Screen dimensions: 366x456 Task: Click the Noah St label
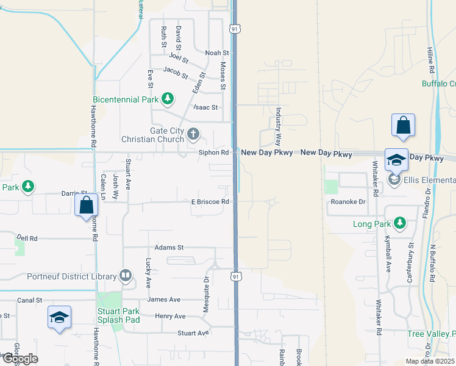click(x=216, y=53)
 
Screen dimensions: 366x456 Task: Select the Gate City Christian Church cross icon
click(x=193, y=134)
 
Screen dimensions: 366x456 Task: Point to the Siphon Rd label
click(x=213, y=152)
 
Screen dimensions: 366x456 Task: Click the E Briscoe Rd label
click(x=210, y=201)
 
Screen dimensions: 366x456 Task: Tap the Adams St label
click(x=169, y=248)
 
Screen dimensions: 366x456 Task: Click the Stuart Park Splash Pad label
click(x=119, y=315)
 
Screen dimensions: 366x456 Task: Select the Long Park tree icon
click(x=400, y=224)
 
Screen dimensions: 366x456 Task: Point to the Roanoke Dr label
click(x=347, y=201)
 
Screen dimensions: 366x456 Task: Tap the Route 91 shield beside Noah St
click(x=235, y=29)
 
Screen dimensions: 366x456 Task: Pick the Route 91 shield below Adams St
click(x=235, y=276)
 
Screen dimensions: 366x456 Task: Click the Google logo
click(x=20, y=359)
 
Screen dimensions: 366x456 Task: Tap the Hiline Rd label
click(x=429, y=43)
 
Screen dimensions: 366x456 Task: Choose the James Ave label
click(x=163, y=300)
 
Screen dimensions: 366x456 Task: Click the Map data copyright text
click(x=430, y=361)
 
